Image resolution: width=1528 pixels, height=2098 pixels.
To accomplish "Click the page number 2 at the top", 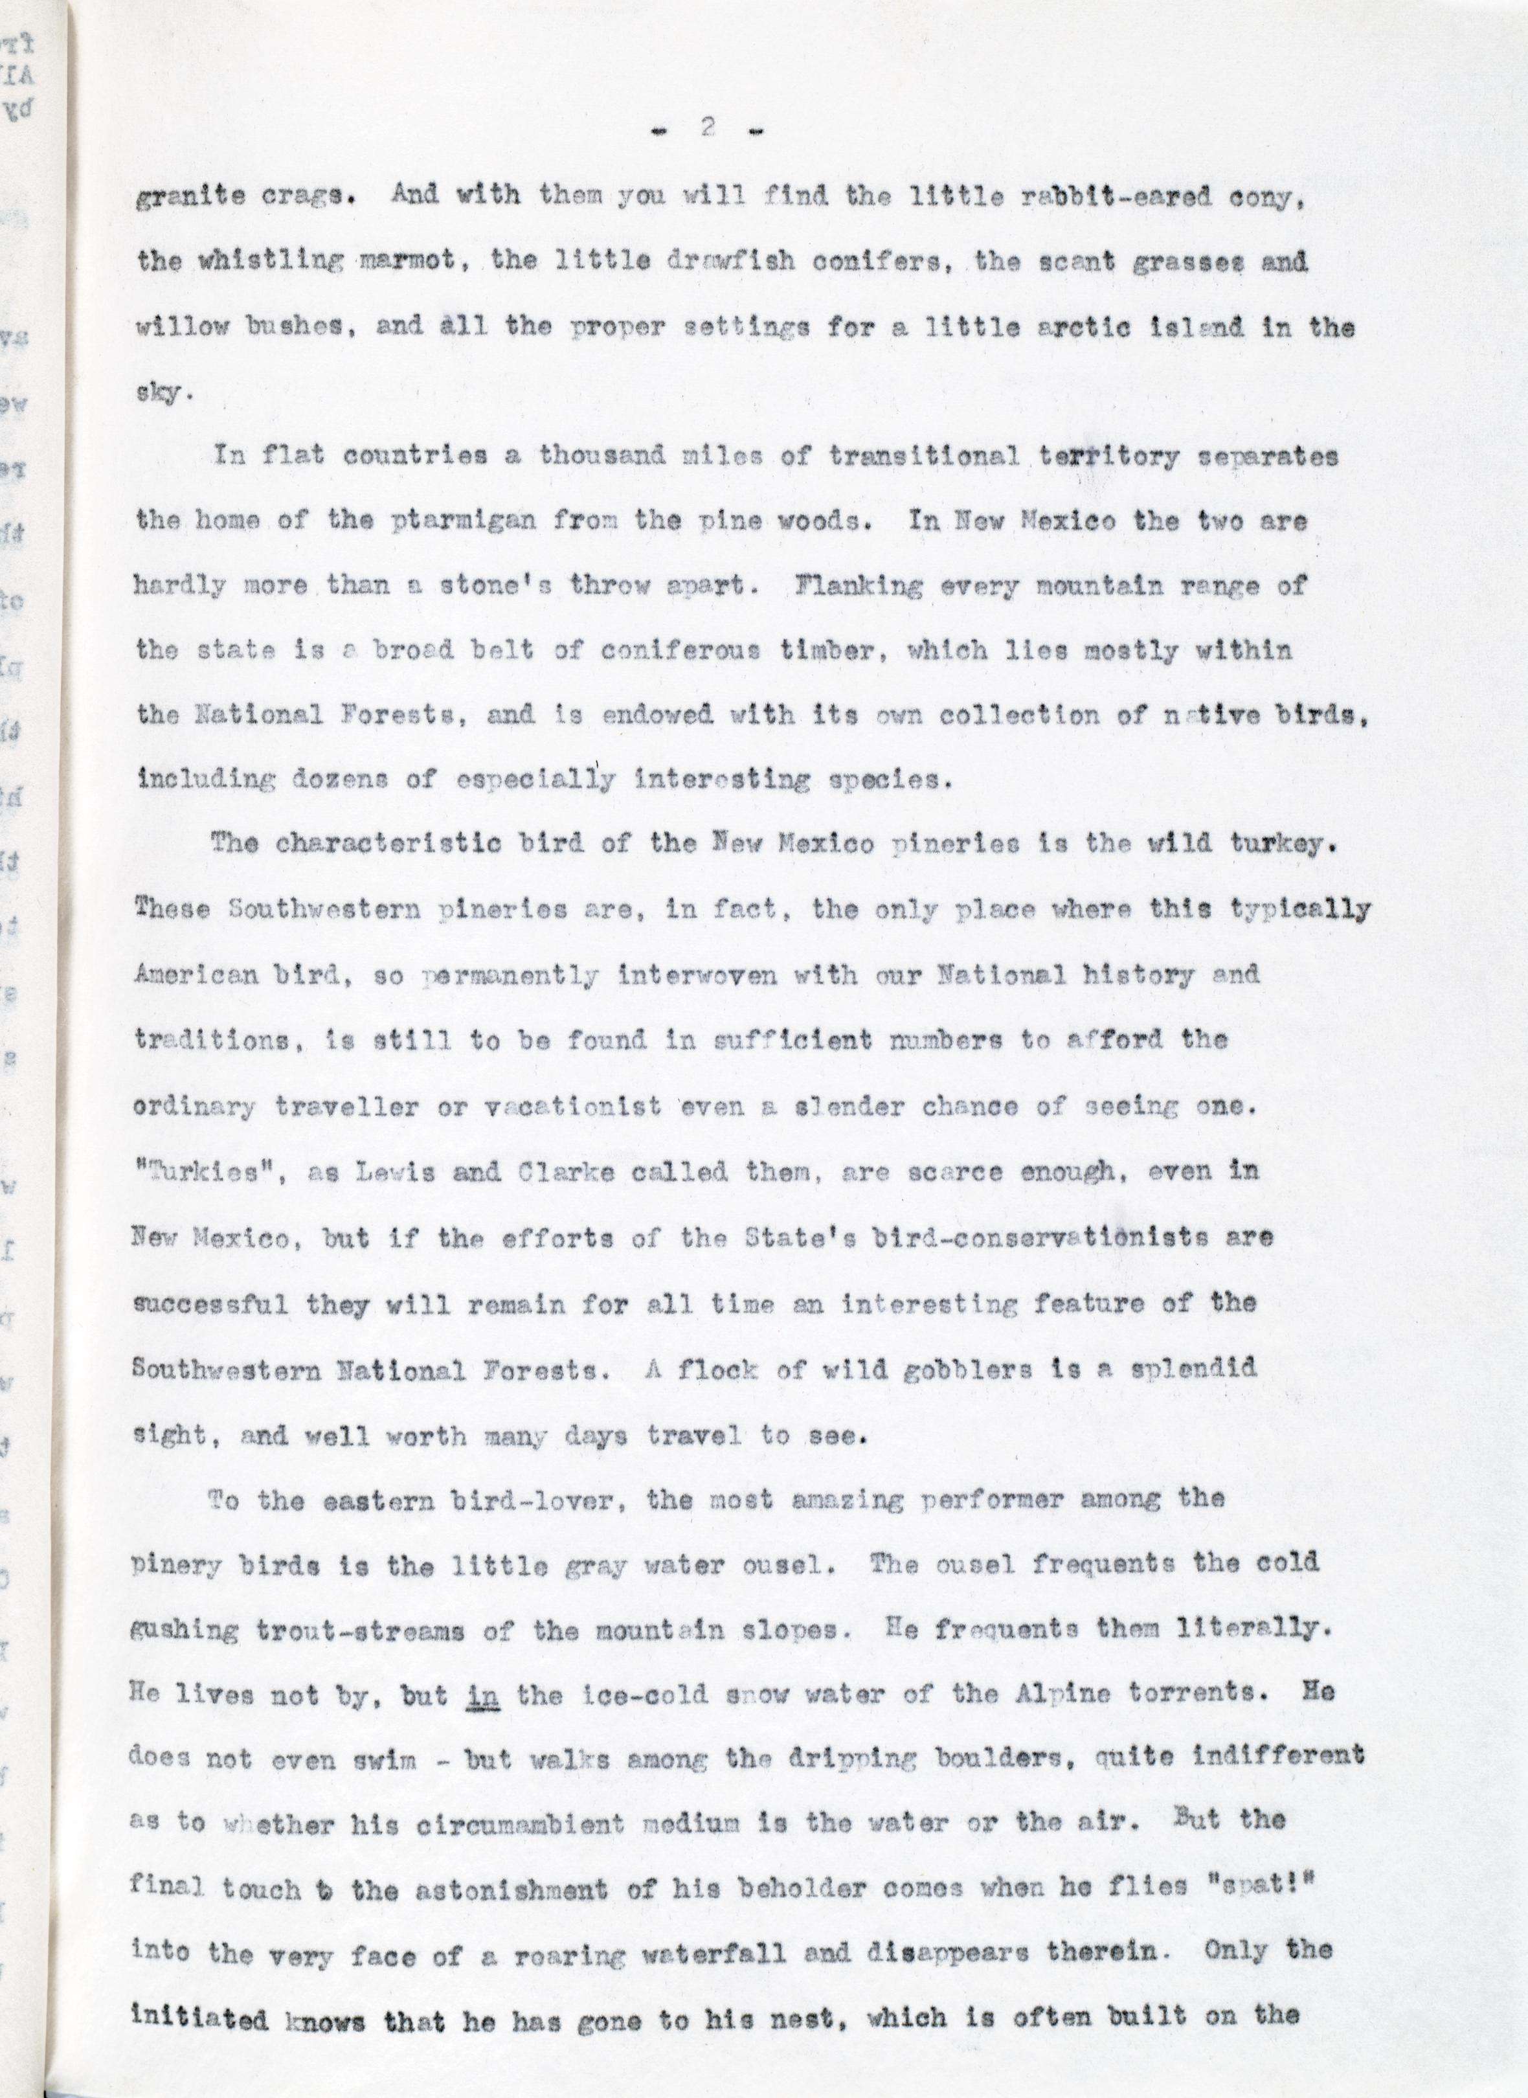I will click(x=708, y=130).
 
